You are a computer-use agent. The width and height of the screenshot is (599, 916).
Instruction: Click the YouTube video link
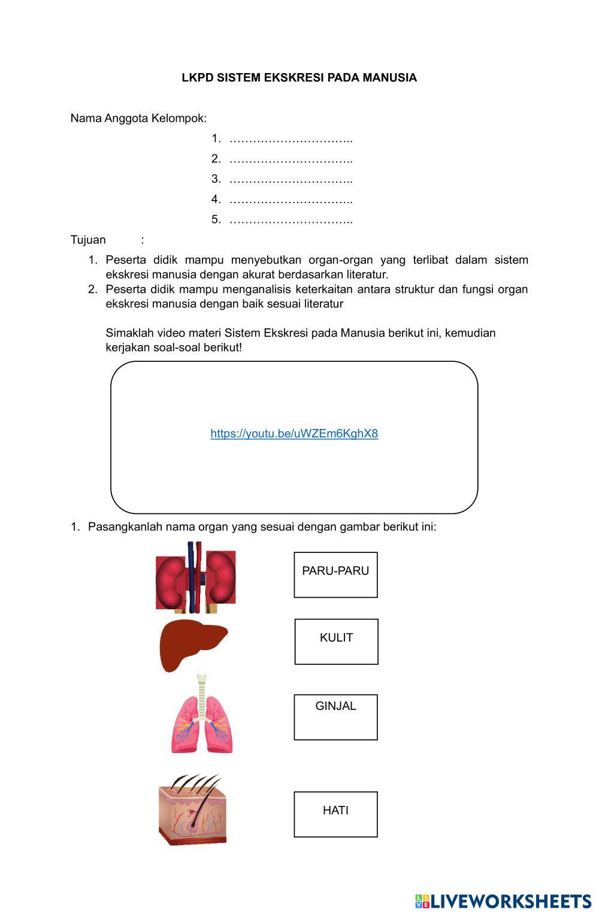point(294,434)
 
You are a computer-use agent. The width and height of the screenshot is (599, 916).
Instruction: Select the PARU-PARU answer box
point(335,575)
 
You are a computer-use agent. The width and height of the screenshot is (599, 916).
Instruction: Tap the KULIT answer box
point(336,642)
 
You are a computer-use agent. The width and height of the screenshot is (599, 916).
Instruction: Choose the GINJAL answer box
point(335,717)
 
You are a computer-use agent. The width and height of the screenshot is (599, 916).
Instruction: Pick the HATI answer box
point(335,814)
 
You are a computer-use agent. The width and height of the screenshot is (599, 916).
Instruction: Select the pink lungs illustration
point(202,722)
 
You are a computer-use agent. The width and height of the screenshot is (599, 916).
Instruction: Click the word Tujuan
point(88,240)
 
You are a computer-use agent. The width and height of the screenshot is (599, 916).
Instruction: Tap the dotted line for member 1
point(291,140)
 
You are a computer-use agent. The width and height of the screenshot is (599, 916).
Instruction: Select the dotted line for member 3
point(291,180)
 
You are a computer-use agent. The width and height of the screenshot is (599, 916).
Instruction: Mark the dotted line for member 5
point(291,220)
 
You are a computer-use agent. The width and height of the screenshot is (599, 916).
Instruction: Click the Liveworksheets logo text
point(511,901)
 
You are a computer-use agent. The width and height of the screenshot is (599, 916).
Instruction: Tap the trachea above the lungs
point(202,689)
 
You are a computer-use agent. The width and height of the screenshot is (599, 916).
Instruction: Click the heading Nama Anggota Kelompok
point(138,119)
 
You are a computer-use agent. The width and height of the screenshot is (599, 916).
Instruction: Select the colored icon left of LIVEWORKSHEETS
point(422,901)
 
